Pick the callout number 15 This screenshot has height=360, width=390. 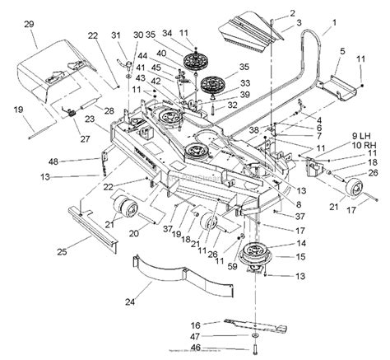[289, 256]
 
